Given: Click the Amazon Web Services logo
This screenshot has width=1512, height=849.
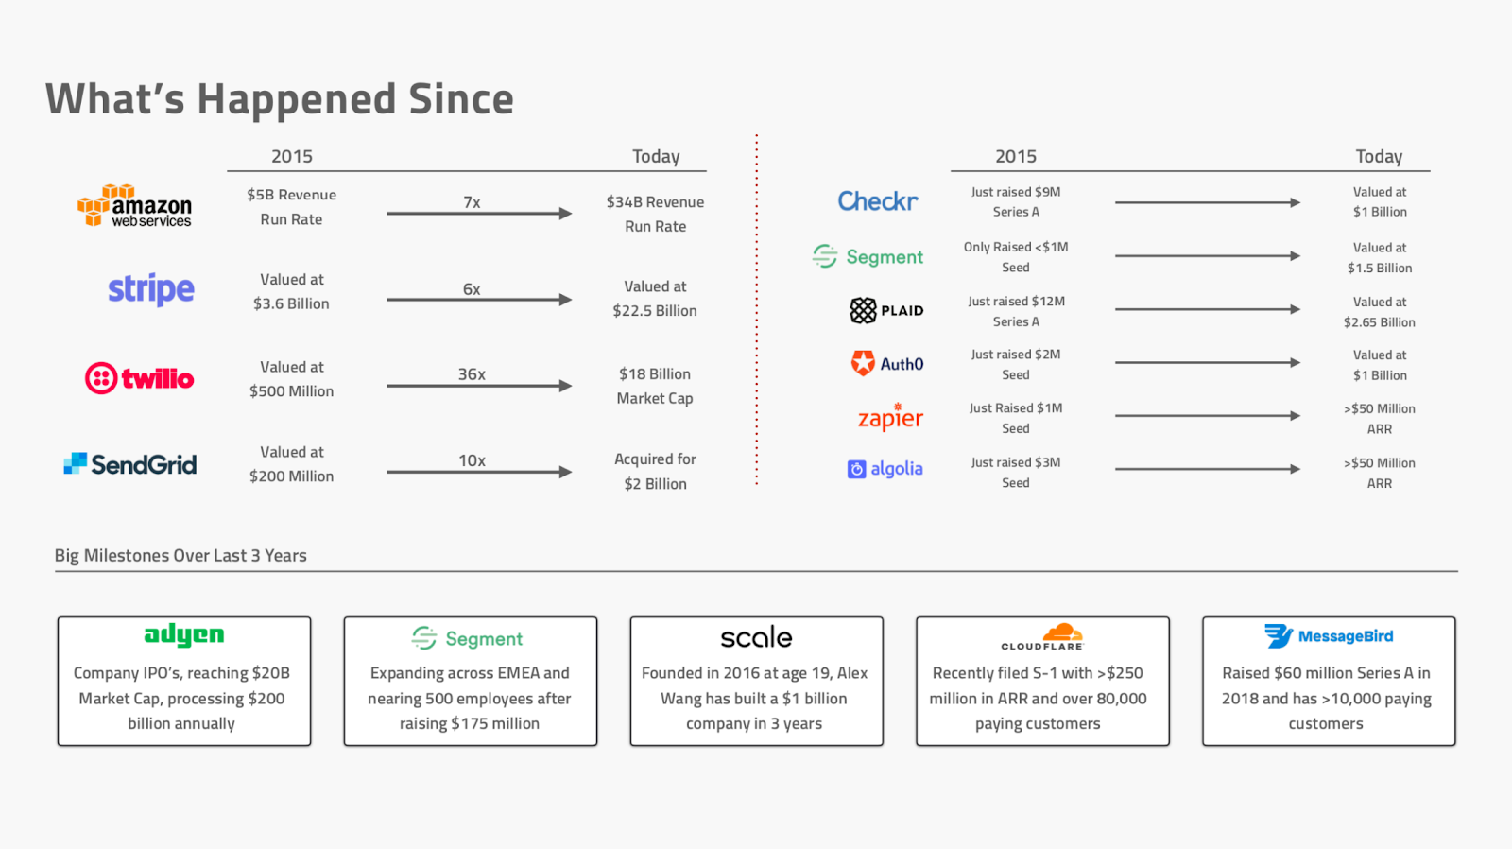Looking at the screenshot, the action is click(x=134, y=205).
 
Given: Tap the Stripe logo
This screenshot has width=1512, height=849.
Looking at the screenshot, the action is click(x=151, y=289).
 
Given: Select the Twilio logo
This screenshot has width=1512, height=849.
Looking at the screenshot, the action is click(x=139, y=378).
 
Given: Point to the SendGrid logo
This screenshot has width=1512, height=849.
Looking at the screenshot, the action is click(x=130, y=464).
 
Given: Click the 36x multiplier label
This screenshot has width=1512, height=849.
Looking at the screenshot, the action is click(x=472, y=374).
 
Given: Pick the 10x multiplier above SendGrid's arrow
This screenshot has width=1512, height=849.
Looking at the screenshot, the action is click(x=472, y=460).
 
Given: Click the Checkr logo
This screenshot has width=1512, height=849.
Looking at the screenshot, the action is click(x=878, y=200).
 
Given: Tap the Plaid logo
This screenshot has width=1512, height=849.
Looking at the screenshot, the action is click(x=886, y=311).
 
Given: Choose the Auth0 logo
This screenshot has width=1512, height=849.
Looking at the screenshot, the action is click(x=887, y=363).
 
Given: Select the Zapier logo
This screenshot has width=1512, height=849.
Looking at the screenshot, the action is click(x=890, y=417).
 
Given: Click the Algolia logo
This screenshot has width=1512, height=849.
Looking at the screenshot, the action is click(x=885, y=469).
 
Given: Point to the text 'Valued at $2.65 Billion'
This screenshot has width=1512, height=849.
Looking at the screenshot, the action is click(x=1379, y=312).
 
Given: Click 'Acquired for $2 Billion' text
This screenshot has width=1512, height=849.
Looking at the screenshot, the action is click(x=655, y=472).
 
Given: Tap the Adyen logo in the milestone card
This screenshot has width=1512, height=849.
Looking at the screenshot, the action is click(x=183, y=636).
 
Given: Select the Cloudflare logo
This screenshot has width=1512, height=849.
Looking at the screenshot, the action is click(x=1043, y=637).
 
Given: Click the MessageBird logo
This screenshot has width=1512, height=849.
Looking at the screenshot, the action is click(x=1329, y=636).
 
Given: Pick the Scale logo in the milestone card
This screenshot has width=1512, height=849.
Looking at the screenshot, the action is click(x=756, y=637).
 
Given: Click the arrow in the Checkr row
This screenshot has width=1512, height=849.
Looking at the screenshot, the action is click(x=1208, y=202).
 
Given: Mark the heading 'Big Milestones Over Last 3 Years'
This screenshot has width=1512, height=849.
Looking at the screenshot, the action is click(x=180, y=555).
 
